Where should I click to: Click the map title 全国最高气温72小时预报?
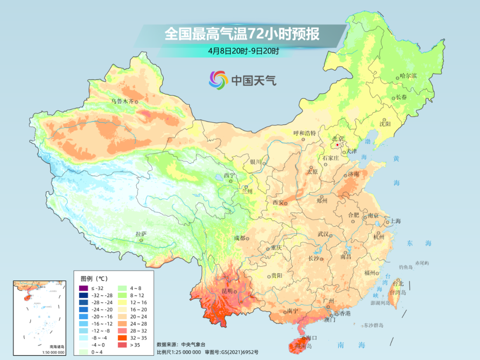242,34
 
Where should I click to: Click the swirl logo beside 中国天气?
218,80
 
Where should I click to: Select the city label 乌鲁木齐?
122,101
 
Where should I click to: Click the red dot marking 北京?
337,145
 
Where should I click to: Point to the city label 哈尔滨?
408,76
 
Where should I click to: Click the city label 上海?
396,221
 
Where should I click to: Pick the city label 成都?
239,238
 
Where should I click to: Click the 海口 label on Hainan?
311,338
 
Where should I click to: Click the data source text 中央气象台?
192,344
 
